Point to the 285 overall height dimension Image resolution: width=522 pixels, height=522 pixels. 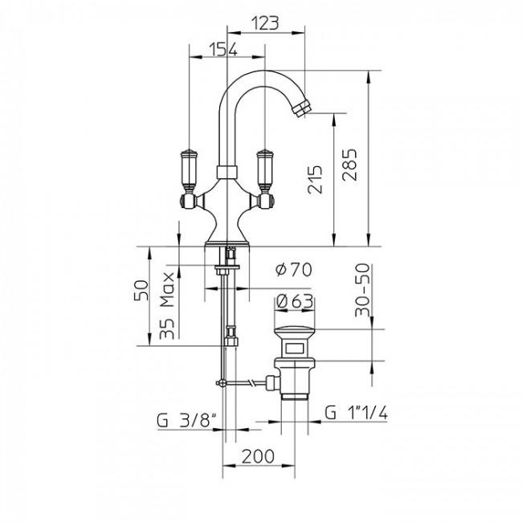pos(349,168)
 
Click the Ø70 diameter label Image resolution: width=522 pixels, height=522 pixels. pos(292,270)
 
